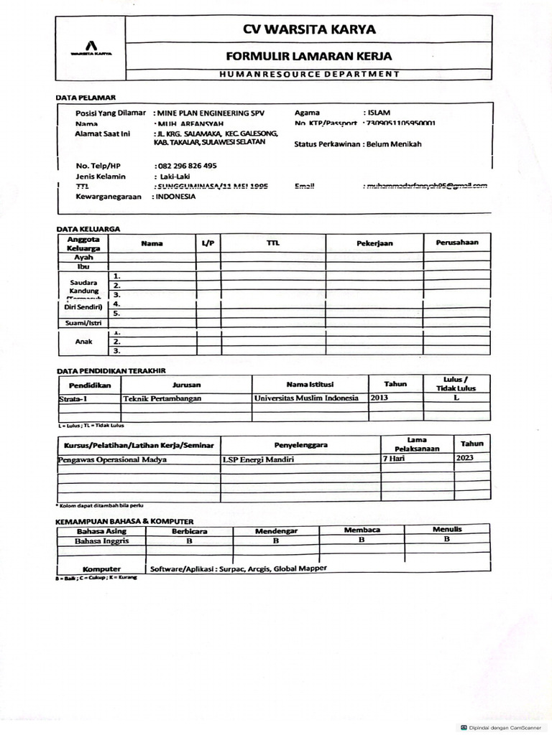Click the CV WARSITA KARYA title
[310, 29]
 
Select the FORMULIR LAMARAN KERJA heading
[310, 55]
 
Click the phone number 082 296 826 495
[186, 166]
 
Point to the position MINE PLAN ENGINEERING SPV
[208, 113]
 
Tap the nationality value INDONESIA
[174, 196]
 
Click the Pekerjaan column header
[374, 243]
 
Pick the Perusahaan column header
[457, 243]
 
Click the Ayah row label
[84, 257]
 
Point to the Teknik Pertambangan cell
[162, 398]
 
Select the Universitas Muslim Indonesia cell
[306, 398]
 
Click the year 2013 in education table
[380, 397]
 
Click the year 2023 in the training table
[465, 458]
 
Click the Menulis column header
[447, 530]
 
